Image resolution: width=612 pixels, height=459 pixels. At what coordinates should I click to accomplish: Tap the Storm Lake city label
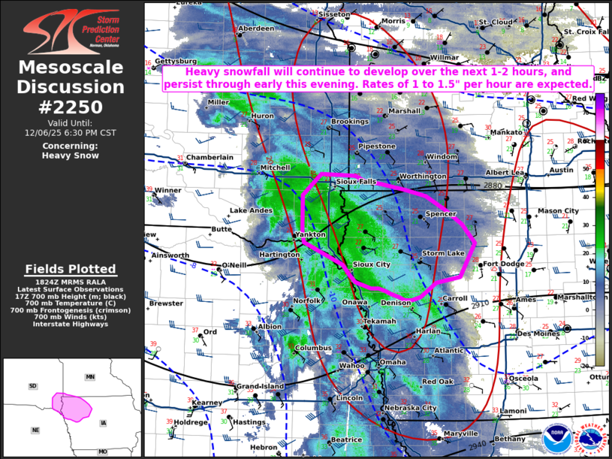click(443, 253)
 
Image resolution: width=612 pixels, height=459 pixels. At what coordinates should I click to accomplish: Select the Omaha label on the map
click(392, 362)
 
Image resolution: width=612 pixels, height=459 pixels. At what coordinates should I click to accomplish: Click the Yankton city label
click(311, 234)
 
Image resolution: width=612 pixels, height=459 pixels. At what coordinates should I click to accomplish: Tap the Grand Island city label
click(261, 386)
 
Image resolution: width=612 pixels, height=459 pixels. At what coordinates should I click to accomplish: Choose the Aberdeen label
click(256, 29)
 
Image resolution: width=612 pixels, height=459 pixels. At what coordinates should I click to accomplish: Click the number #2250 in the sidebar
click(71, 106)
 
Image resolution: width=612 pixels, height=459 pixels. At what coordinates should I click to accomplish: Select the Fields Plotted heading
click(71, 269)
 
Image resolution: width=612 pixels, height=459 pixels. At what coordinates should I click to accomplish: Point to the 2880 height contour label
click(493, 186)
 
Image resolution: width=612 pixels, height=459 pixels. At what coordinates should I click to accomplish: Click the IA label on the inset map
click(103, 424)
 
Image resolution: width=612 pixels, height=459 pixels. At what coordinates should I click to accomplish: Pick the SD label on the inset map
click(32, 386)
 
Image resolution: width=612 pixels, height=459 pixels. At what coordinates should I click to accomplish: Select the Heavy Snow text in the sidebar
click(71, 156)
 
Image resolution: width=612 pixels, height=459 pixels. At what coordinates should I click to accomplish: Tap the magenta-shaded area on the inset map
click(71, 406)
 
